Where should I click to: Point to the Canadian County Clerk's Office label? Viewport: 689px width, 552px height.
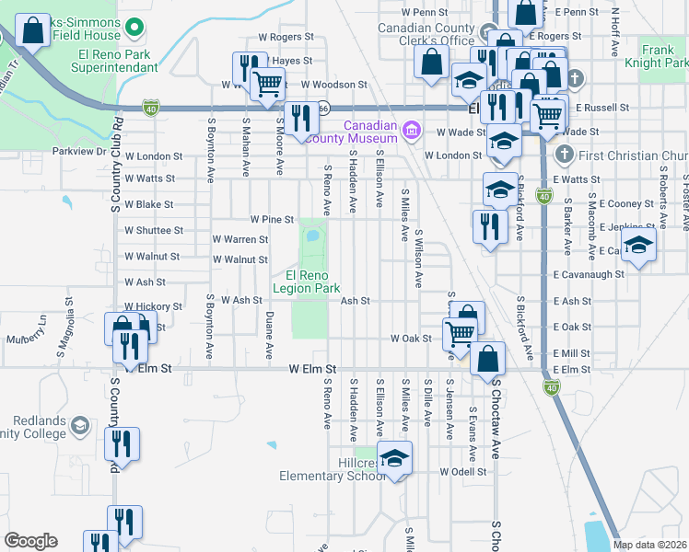click(426, 34)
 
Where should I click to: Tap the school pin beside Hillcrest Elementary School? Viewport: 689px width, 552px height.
click(394, 459)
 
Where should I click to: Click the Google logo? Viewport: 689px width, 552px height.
click(30, 540)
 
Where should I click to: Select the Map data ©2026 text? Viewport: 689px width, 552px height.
click(650, 545)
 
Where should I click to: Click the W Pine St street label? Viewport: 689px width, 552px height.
click(271, 220)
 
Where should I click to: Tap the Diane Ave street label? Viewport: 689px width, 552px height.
click(268, 334)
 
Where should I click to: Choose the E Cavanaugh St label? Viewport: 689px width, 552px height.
click(589, 274)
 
